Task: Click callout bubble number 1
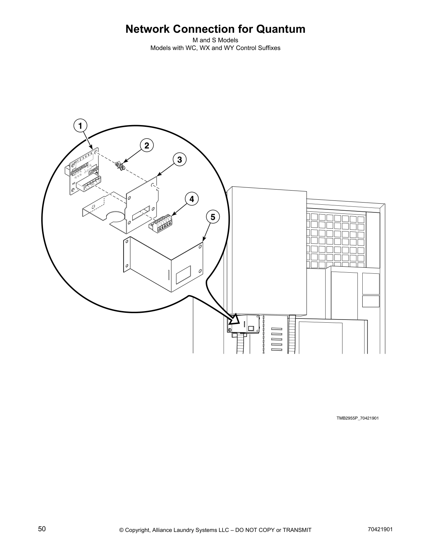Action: (x=80, y=126)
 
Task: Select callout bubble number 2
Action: (x=147, y=145)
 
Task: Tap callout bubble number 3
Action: (x=179, y=160)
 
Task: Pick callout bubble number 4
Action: (x=191, y=199)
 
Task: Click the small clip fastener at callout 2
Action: (x=120, y=166)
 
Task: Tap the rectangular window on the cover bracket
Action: (x=183, y=273)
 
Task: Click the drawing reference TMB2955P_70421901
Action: (x=357, y=418)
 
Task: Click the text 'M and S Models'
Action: (x=215, y=40)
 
